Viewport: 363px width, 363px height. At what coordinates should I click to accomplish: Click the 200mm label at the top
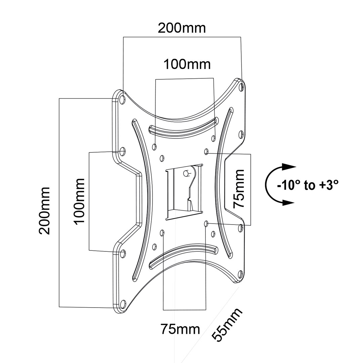pos(182,28)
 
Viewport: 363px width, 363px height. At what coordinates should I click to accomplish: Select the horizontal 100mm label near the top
pos(187,64)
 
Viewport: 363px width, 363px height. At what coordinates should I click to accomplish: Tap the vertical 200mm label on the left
pos(44,211)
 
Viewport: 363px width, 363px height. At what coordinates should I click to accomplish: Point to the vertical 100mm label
pos(79,202)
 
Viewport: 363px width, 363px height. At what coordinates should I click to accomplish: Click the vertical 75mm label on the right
pos(239,189)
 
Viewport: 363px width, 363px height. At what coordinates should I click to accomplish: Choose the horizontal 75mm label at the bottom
pos(180,329)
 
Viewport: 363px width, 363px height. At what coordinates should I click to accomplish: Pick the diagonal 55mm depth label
pos(227,325)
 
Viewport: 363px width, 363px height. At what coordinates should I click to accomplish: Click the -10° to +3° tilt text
pos(307,185)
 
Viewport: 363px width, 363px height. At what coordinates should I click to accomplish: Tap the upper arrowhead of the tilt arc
pos(288,167)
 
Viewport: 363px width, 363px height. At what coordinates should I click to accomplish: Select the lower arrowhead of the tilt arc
pos(288,202)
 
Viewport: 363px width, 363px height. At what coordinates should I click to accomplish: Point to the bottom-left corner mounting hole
pos(123,305)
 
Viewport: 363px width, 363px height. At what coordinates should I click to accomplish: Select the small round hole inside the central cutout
pos(185,173)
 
